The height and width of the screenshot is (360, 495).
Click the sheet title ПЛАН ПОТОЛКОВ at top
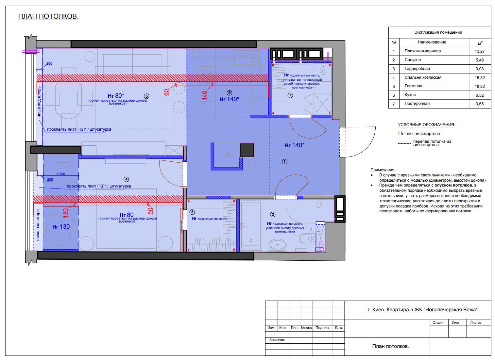(x=48, y=16)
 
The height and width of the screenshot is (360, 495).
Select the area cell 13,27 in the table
(x=480, y=51)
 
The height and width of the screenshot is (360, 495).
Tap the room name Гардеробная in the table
(x=417, y=69)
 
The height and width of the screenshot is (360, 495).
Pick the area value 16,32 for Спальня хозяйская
(x=480, y=78)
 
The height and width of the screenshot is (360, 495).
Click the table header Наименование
(x=432, y=42)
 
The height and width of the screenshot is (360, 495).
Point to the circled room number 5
(x=146, y=96)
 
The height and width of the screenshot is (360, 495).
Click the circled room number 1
(x=284, y=162)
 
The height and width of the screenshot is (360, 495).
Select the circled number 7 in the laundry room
(x=290, y=95)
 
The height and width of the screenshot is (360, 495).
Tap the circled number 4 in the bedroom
(x=126, y=179)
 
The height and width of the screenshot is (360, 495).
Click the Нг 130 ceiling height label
(x=61, y=227)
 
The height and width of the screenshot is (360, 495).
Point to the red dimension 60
(x=166, y=92)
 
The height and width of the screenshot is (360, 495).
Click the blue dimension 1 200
(x=60, y=174)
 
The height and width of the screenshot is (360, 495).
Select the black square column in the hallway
(x=247, y=150)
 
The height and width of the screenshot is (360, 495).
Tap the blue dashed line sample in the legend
(x=404, y=143)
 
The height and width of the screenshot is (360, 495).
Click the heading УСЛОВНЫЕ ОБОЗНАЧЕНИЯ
(x=426, y=125)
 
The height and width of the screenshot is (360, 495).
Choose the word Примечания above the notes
(x=383, y=170)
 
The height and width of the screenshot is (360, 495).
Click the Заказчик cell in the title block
(x=277, y=340)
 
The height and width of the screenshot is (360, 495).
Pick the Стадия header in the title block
(x=438, y=323)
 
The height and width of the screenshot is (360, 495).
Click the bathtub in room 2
(x=251, y=226)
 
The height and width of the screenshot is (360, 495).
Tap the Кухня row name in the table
(x=410, y=95)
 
